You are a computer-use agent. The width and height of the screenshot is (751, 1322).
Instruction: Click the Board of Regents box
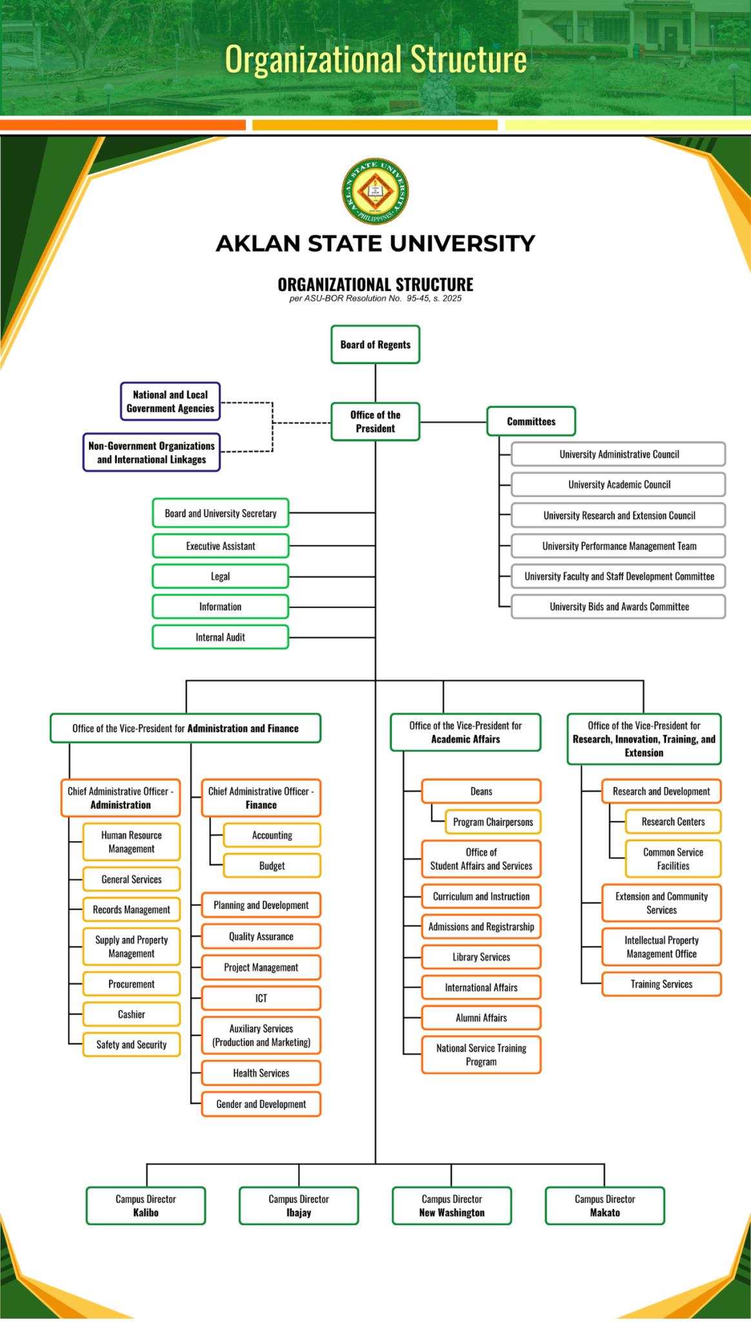(375, 345)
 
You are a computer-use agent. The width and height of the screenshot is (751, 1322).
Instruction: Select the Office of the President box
(375, 422)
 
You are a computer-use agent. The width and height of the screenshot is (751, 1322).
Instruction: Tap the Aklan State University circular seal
(375, 192)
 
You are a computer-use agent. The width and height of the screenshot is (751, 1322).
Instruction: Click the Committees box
(530, 422)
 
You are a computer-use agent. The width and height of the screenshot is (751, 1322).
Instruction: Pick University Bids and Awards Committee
(618, 607)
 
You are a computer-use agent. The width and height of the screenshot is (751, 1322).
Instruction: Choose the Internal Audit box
(220, 637)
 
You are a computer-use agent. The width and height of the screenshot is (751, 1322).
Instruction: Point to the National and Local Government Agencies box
(170, 402)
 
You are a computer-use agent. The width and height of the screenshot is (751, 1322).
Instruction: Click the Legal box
(220, 576)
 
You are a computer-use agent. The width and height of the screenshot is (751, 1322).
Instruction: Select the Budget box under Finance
(272, 866)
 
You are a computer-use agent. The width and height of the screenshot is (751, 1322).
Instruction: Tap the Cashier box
(131, 1014)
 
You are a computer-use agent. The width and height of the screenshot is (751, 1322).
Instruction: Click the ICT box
(261, 998)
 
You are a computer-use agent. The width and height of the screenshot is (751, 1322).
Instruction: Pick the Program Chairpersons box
(493, 822)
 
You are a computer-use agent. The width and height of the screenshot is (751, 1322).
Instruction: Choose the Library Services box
(481, 957)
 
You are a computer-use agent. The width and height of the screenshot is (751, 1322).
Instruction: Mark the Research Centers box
(672, 822)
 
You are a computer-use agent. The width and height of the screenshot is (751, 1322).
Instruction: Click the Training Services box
(661, 984)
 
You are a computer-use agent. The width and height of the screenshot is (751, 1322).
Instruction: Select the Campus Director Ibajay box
(299, 1206)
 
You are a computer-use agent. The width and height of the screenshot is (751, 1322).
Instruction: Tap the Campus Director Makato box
(605, 1206)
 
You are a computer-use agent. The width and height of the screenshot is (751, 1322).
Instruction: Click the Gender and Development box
(261, 1104)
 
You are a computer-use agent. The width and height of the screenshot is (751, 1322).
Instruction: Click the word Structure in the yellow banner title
(468, 59)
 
